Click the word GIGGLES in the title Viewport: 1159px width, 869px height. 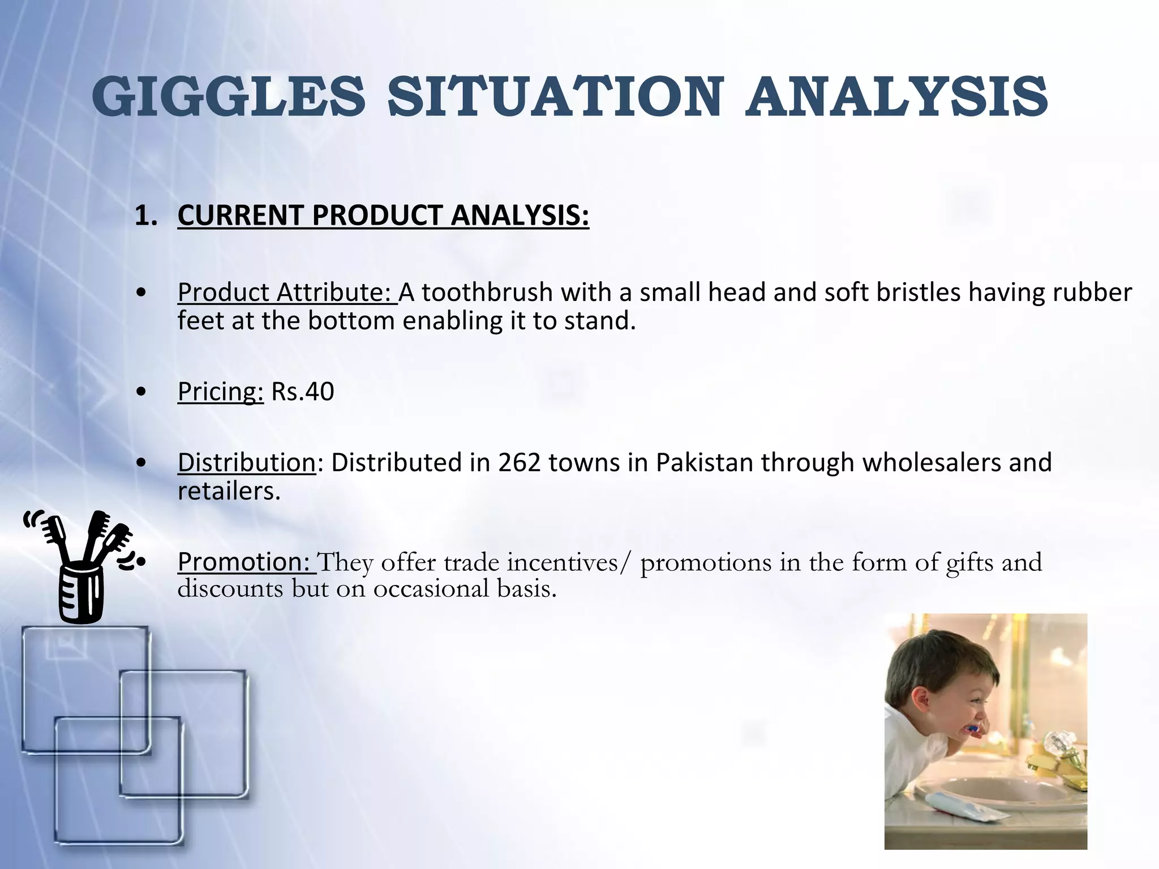(229, 97)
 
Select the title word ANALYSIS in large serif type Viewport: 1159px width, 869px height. (896, 97)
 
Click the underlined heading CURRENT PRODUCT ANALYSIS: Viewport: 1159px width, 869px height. (383, 216)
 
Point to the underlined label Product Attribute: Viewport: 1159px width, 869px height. (287, 293)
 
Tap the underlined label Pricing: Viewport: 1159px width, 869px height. (220, 392)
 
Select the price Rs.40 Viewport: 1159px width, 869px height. (303, 392)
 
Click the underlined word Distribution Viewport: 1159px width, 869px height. (246, 463)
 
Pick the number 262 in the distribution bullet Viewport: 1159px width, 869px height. (519, 463)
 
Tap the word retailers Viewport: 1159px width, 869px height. (229, 491)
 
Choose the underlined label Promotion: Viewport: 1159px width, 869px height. (246, 562)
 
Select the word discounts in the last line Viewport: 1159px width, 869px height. (230, 590)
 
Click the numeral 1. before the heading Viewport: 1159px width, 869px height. (145, 216)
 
